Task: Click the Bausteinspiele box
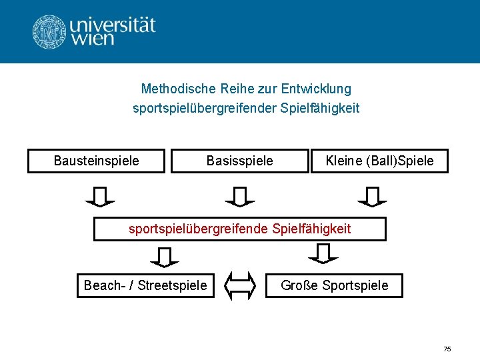[x=96, y=161]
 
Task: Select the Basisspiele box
[x=239, y=161]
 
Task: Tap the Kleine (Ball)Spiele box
[x=379, y=161]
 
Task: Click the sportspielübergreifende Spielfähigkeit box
[x=239, y=229]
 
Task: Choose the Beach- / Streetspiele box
[x=145, y=285]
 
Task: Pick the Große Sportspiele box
[x=335, y=285]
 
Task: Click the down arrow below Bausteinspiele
[x=100, y=196]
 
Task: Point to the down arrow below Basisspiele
[x=240, y=196]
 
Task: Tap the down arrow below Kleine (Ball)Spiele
[x=372, y=196]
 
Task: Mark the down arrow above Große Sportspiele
[x=323, y=253]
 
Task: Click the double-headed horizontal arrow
[x=240, y=285]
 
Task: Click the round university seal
[x=49, y=31]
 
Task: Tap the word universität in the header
[x=112, y=25]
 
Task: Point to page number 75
[x=447, y=349]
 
